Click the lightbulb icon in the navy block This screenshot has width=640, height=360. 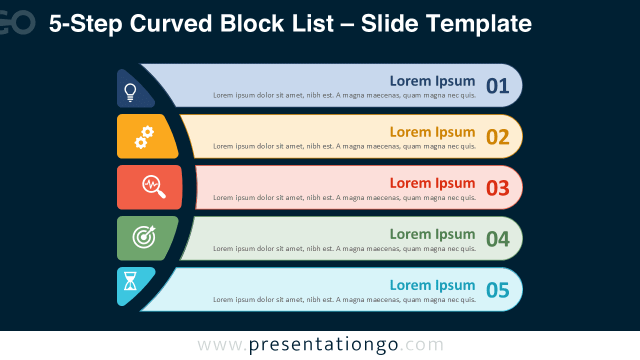130,92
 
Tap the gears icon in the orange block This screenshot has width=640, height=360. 144,137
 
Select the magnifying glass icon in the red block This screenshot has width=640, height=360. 153,186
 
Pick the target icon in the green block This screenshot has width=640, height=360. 144,236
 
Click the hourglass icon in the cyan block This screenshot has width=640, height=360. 130,281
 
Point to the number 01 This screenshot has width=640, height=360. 497,86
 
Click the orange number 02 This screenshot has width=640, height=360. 497,137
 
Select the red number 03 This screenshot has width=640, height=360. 497,188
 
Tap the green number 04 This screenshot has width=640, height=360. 497,239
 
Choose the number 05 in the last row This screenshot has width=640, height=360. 497,290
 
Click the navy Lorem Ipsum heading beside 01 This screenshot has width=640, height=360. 432,81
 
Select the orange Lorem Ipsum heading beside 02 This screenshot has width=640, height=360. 432,132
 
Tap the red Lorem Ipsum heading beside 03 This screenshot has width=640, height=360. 432,183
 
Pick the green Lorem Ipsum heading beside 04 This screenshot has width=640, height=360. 432,234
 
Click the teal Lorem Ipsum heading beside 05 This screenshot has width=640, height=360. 432,285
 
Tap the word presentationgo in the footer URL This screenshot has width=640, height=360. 323,344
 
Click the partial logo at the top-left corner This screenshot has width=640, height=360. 17,23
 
